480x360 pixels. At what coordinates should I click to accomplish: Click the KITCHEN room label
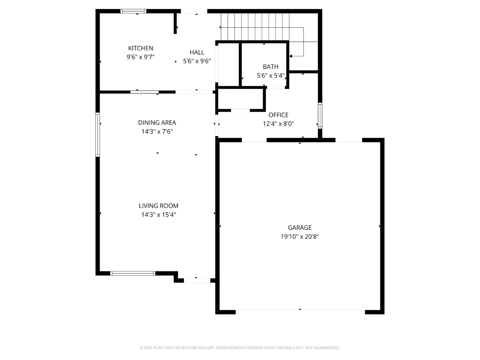140,48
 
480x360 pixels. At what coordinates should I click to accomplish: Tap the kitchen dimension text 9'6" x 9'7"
140,57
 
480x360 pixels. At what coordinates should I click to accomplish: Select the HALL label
197,52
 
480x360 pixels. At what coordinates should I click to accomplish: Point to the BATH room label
270,67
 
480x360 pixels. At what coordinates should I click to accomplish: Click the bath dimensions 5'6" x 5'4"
270,76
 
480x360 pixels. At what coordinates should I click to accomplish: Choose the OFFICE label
278,115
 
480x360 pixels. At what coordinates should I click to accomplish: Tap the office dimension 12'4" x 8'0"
278,124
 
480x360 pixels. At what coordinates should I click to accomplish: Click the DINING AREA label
157,123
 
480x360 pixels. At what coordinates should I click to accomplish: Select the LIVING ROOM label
158,206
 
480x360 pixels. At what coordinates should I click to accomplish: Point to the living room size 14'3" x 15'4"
158,215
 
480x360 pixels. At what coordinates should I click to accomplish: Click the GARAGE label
300,228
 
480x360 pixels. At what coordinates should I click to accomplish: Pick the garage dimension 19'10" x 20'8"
300,237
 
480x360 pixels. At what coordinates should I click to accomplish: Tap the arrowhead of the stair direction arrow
291,56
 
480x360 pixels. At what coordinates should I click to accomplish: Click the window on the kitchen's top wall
133,11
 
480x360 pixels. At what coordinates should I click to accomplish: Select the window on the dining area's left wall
98,134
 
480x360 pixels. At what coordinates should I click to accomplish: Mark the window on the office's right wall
320,116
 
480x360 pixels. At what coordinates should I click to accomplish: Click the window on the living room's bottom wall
133,273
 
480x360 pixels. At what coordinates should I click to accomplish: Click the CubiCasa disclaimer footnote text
240,348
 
